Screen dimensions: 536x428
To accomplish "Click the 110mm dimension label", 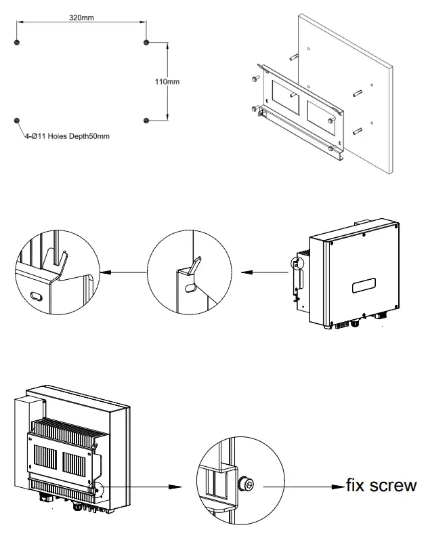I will (167, 81).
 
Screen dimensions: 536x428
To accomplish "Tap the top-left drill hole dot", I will (18, 43).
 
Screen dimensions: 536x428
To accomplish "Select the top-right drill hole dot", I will (146, 43).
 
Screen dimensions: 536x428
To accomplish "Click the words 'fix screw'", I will (381, 485).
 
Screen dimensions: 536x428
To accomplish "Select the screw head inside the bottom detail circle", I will (247, 485).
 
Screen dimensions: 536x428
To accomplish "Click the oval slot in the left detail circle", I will (36, 296).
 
